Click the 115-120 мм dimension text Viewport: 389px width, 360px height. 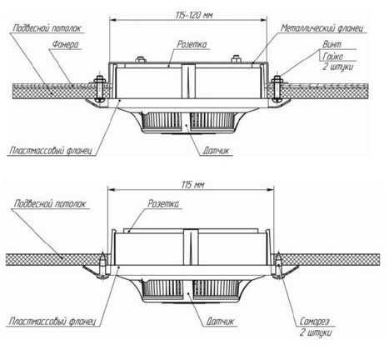click(x=194, y=15)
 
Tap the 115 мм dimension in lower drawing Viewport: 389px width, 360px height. click(x=192, y=185)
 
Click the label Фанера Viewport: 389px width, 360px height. click(x=66, y=44)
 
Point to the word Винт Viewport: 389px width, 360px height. click(x=332, y=44)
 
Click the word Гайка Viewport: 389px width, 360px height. click(x=332, y=57)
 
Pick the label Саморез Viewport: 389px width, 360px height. click(x=314, y=322)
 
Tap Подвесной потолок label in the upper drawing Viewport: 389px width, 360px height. click(x=47, y=28)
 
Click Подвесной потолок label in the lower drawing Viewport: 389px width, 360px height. click(x=50, y=204)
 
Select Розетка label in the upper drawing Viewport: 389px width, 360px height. click(x=192, y=44)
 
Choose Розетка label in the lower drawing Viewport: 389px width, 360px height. click(x=163, y=203)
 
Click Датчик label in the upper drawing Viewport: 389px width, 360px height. click(x=216, y=151)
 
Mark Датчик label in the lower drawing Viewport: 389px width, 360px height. click(x=220, y=322)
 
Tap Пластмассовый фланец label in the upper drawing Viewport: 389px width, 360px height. click(x=51, y=151)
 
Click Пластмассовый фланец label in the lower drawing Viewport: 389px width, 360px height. click(x=52, y=322)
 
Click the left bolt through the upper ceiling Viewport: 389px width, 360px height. click(x=99, y=88)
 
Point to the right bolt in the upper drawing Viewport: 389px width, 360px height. click(x=276, y=88)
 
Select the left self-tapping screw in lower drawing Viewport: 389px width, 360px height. click(x=102, y=266)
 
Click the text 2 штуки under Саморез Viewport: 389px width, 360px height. click(x=316, y=333)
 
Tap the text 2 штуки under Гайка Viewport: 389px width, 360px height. click(x=337, y=67)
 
